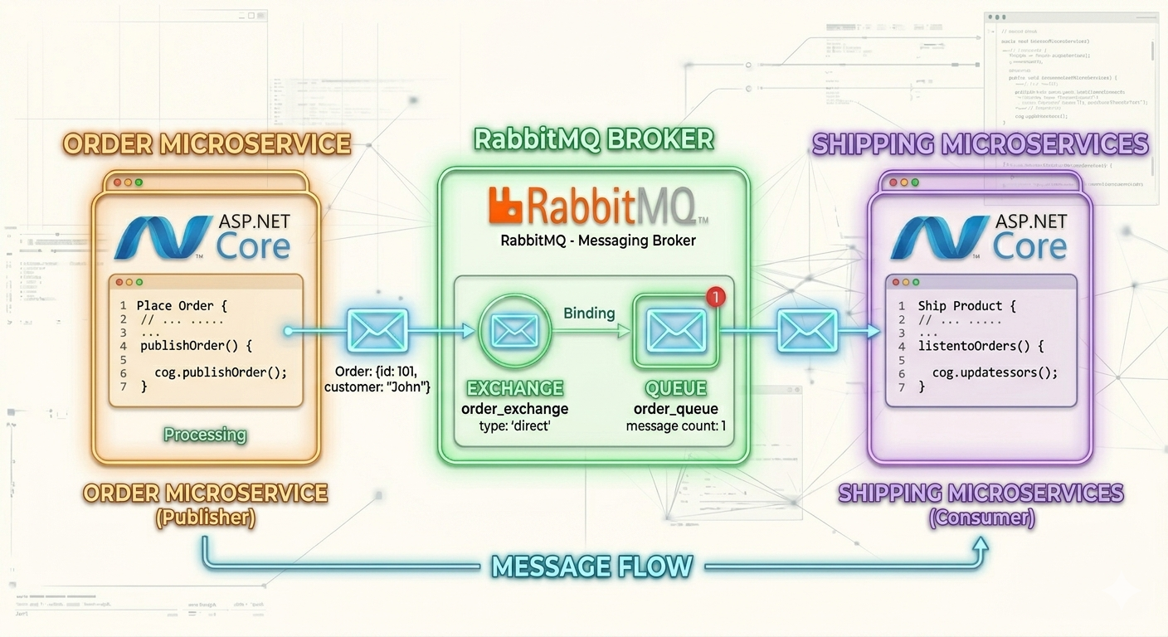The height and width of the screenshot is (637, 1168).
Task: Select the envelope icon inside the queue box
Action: pyautogui.click(x=675, y=332)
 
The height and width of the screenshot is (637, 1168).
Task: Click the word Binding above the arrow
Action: pyautogui.click(x=589, y=313)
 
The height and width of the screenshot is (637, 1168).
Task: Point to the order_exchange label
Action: pyautogui.click(x=514, y=409)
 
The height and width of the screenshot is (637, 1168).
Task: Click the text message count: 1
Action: pyautogui.click(x=675, y=426)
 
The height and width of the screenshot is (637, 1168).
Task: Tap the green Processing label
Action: pyautogui.click(x=205, y=435)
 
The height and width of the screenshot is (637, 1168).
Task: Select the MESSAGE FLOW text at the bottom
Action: pyautogui.click(x=592, y=566)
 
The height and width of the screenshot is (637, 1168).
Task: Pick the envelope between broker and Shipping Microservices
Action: pyautogui.click(x=806, y=331)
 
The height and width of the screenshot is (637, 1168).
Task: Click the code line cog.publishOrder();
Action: pyautogui.click(x=221, y=372)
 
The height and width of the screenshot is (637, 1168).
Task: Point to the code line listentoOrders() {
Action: pyautogui.click(x=981, y=346)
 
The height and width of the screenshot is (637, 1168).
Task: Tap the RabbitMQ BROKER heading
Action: pyautogui.click(x=593, y=139)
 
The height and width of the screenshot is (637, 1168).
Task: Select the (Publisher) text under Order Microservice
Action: pyautogui.click(x=205, y=518)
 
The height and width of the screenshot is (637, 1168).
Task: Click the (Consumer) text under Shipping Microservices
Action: pyautogui.click(x=981, y=518)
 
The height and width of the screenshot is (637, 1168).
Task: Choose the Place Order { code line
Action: pyautogui.click(x=180, y=306)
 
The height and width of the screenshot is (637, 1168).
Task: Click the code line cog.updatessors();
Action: pyautogui.click(x=995, y=372)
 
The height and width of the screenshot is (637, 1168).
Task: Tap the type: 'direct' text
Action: pyautogui.click(x=514, y=426)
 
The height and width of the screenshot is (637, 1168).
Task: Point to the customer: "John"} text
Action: pyautogui.click(x=377, y=387)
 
